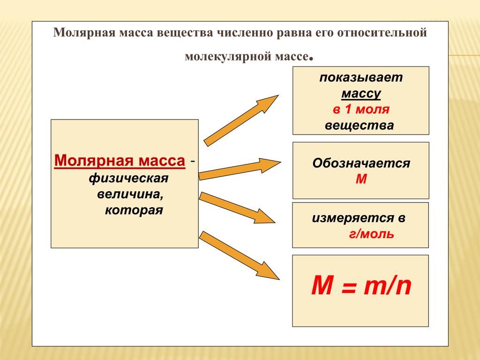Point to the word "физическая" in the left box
[128, 178]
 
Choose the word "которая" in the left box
[134, 210]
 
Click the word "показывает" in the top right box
[361, 78]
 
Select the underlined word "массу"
[361, 94]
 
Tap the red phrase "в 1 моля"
[361, 110]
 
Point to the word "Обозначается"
[361, 164]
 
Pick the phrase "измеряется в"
[359, 218]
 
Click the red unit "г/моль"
[371, 234]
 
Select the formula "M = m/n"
[361, 286]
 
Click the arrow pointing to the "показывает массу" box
[241, 120]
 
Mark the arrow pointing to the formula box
[239, 255]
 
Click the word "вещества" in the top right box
[359, 126]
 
